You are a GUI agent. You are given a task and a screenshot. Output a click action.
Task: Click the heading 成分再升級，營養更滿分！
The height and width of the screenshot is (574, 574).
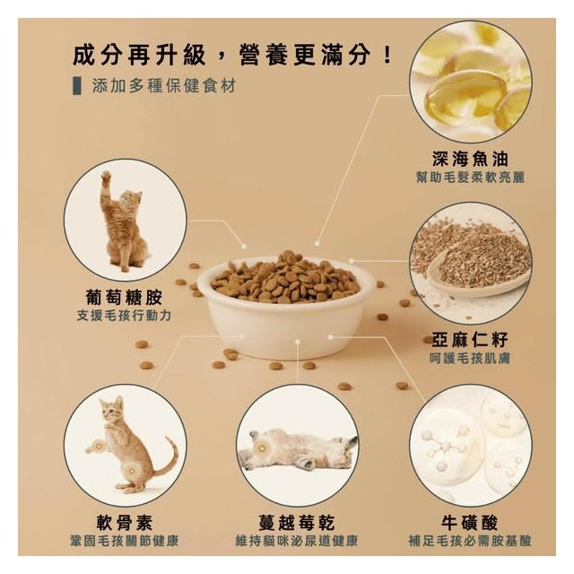point(233,56)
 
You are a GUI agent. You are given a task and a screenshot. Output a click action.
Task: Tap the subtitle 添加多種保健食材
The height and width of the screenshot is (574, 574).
point(163,86)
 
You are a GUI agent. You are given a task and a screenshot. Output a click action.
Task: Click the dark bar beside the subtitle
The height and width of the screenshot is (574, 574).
point(77,86)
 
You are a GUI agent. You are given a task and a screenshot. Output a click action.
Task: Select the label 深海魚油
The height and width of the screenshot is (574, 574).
point(470,159)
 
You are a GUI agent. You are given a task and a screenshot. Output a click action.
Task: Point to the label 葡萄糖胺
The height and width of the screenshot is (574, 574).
point(124,297)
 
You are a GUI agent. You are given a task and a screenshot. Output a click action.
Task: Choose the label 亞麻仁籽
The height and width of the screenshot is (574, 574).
point(470,339)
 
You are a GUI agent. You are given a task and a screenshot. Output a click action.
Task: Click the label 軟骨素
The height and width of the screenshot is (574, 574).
point(125,522)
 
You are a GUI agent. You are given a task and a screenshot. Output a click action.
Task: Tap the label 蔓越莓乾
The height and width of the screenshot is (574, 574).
point(297,522)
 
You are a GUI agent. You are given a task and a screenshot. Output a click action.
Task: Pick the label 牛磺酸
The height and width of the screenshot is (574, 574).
point(470,522)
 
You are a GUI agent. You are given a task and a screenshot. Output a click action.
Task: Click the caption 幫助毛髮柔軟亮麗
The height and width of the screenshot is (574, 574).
point(470,178)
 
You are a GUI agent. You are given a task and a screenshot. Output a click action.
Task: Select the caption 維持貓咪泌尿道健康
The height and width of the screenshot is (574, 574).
point(297,541)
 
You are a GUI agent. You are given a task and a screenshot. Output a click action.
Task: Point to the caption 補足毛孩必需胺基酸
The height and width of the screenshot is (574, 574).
point(470,541)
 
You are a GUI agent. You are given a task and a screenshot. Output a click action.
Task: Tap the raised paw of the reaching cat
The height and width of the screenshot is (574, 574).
point(106,177)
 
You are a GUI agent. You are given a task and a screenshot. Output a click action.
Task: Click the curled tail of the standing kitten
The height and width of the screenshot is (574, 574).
point(168,457)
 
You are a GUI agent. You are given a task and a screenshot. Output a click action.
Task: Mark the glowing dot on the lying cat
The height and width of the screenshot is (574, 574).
point(261,448)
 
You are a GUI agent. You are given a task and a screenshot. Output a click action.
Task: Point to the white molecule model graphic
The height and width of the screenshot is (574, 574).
point(445,448)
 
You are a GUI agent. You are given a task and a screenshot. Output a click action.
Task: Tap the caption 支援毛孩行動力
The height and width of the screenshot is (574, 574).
point(124,315)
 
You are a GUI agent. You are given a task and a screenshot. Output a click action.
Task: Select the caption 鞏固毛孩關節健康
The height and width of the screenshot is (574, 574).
point(125,541)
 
